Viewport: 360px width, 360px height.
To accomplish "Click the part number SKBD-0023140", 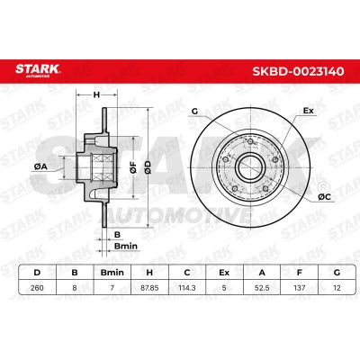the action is point(298,71).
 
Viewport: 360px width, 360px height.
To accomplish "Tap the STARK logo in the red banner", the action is point(38,70).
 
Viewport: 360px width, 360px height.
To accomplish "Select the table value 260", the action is point(37,288).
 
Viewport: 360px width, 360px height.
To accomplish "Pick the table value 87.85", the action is point(149,288).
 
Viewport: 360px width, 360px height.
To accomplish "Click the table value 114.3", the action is point(187,288).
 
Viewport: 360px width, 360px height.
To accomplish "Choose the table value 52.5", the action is point(262,288).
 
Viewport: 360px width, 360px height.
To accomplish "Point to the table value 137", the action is point(300,288).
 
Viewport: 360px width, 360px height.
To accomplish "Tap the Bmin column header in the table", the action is point(112,273).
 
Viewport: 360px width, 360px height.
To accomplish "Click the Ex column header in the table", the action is point(224,273).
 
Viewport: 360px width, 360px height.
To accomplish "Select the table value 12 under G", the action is point(337,288).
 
